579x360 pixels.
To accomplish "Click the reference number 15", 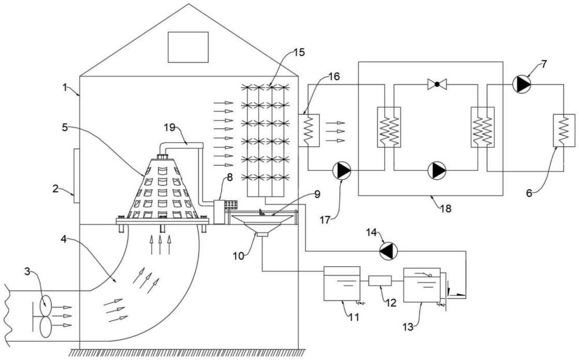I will click(x=298, y=52).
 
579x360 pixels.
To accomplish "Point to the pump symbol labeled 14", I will click(x=387, y=251).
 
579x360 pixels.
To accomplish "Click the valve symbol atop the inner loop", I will click(x=437, y=85).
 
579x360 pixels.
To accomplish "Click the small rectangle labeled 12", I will click(x=380, y=281).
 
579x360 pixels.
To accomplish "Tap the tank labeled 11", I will click(x=341, y=283).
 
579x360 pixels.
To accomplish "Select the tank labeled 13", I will click(x=422, y=285).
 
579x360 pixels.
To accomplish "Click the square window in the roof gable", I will click(x=188, y=47).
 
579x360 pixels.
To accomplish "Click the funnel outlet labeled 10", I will click(x=262, y=234).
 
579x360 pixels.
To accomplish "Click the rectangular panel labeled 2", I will click(x=76, y=175).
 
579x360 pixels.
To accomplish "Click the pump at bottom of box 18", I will click(x=437, y=171).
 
